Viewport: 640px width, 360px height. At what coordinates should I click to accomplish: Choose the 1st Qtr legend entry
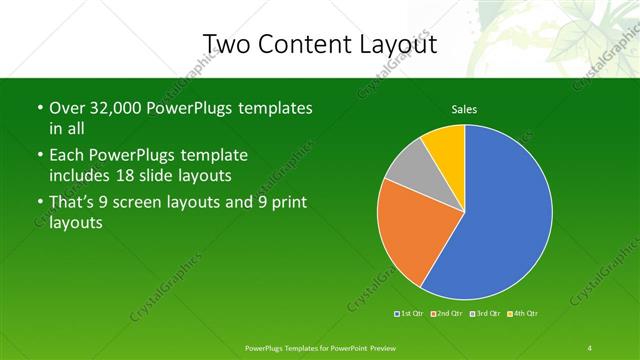coord(409,314)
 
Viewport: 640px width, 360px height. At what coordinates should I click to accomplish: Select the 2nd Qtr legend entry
coord(446,314)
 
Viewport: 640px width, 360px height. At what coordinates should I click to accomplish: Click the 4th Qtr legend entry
coord(524,314)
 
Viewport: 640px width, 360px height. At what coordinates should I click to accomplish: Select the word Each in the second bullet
coord(66,155)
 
